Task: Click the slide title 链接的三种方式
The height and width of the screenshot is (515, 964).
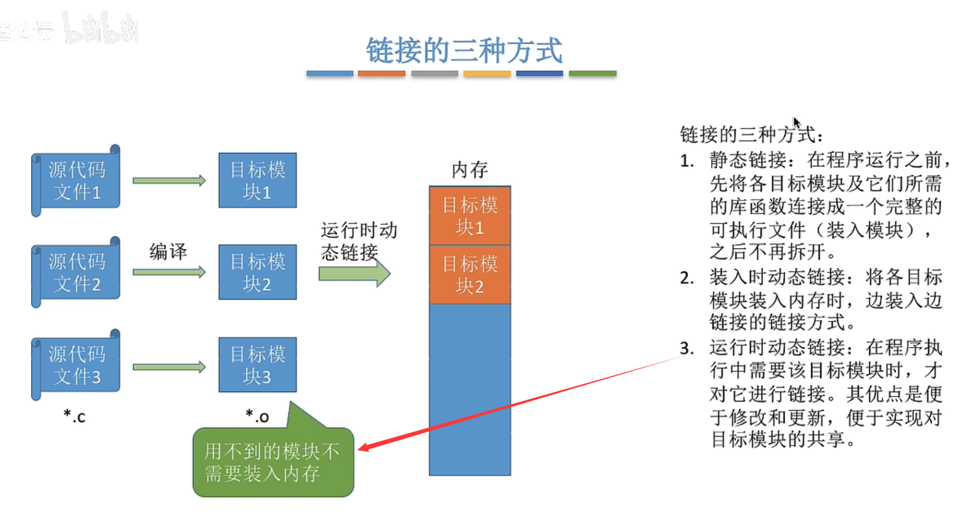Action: point(464,51)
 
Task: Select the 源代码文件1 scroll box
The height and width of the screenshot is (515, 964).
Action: point(76,181)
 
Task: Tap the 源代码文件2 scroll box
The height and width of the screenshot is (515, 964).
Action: point(76,273)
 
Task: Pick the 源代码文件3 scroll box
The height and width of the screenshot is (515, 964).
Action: point(76,365)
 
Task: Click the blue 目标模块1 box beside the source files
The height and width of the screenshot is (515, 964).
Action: point(257,180)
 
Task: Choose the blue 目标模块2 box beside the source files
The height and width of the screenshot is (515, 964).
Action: point(257,272)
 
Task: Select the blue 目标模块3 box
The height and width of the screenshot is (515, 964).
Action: point(257,365)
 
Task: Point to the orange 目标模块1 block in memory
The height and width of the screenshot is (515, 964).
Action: point(470,216)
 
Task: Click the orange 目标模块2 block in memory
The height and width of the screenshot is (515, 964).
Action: point(470,275)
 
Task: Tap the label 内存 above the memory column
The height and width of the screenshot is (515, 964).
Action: point(470,169)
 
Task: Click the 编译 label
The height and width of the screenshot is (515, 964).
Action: point(168,252)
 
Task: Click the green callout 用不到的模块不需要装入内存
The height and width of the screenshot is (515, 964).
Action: point(273,463)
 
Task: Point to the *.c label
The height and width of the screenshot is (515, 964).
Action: point(74,416)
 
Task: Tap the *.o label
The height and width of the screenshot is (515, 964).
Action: point(257,416)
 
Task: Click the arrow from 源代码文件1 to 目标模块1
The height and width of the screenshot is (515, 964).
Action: point(169,181)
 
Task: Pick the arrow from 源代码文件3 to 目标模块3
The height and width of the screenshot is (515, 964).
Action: point(169,367)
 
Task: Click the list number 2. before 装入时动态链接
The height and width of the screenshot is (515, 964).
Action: point(687,278)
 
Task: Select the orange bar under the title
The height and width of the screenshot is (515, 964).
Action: point(381,74)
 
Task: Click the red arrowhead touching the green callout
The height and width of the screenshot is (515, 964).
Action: point(364,447)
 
